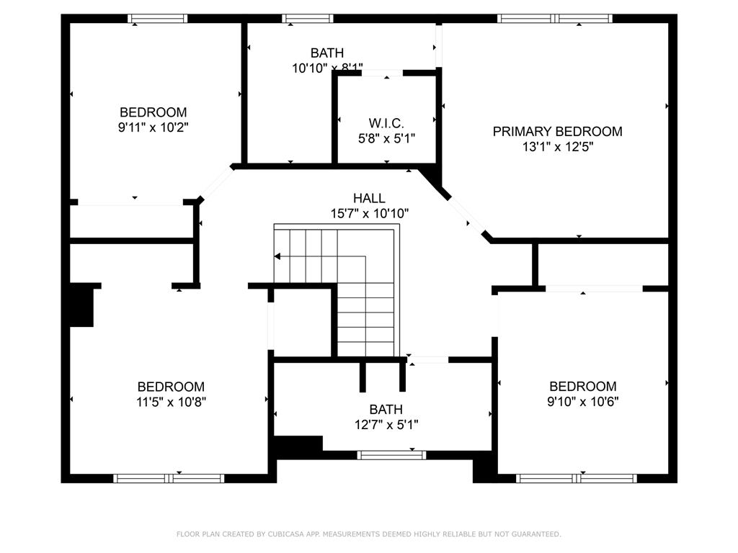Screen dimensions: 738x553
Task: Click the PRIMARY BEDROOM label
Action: [557, 131]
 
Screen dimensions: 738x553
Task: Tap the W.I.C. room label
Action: [386, 123]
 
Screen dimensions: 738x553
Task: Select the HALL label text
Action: [369, 198]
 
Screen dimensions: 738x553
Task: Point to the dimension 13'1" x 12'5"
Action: [557, 147]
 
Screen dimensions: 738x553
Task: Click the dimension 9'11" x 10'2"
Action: [153, 127]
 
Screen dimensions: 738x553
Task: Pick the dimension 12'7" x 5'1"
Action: [386, 425]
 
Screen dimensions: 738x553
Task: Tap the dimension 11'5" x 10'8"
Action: [171, 402]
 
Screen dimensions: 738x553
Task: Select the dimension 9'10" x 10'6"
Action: [582, 402]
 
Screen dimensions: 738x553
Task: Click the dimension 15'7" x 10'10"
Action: [369, 213]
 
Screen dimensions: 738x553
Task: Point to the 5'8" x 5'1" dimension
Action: [386, 139]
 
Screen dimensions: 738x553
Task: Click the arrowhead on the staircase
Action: [277, 256]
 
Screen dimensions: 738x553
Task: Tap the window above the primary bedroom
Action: [555, 18]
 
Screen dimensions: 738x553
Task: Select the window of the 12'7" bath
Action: [391, 455]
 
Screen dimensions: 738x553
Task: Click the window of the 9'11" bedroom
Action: [158, 18]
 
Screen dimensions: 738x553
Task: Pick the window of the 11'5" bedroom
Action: [169, 478]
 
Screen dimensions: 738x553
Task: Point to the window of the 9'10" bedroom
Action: [576, 478]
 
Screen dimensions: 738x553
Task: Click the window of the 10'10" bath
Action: [307, 18]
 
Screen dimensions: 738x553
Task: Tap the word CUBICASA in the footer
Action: [283, 534]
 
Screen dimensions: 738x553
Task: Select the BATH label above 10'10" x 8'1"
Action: [327, 53]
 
